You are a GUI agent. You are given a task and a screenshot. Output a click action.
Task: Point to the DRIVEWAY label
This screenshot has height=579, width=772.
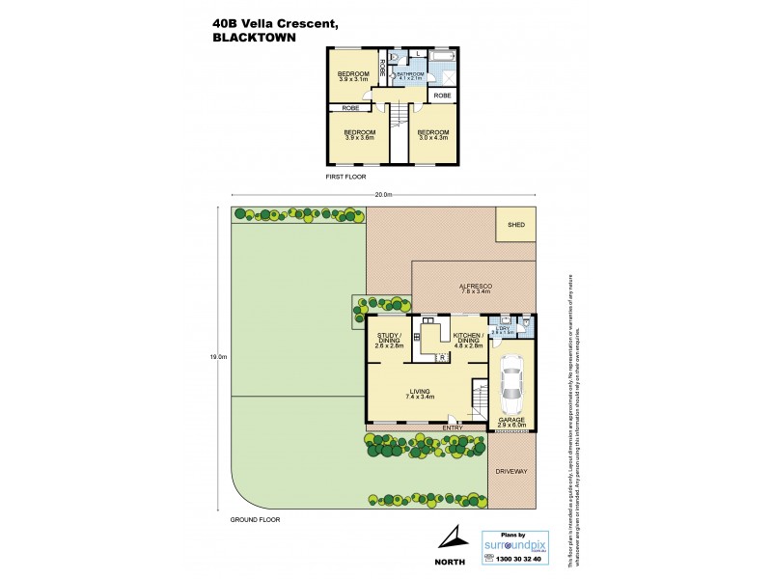point(512,471)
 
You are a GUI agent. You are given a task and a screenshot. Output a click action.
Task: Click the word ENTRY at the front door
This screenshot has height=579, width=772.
point(452,427)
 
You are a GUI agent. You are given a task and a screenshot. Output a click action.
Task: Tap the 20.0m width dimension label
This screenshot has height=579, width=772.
point(384,196)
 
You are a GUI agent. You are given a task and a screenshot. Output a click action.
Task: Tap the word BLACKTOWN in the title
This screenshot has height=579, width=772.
point(255,39)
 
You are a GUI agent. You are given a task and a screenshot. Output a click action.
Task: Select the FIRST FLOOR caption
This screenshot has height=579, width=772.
point(346,178)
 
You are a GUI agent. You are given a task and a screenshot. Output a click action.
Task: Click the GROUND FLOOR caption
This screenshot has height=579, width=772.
point(255,519)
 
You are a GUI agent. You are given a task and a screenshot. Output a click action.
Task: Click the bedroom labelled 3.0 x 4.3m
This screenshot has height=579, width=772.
point(434,135)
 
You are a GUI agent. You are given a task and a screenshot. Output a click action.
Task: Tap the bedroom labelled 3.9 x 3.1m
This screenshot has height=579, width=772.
point(352,77)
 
